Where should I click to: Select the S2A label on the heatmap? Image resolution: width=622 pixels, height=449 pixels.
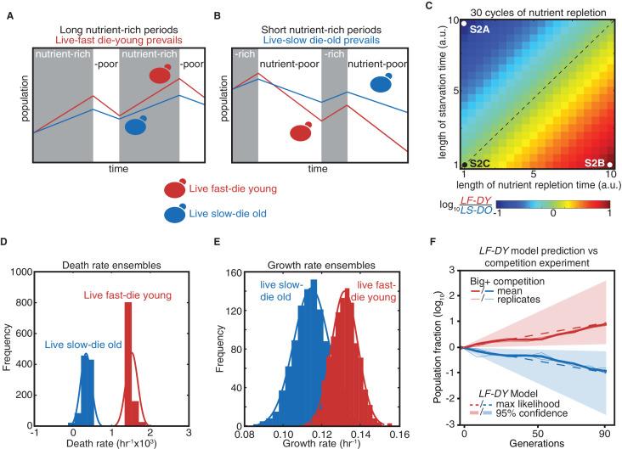(x=480, y=29)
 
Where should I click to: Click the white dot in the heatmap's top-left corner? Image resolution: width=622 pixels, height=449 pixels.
(x=465, y=24)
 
